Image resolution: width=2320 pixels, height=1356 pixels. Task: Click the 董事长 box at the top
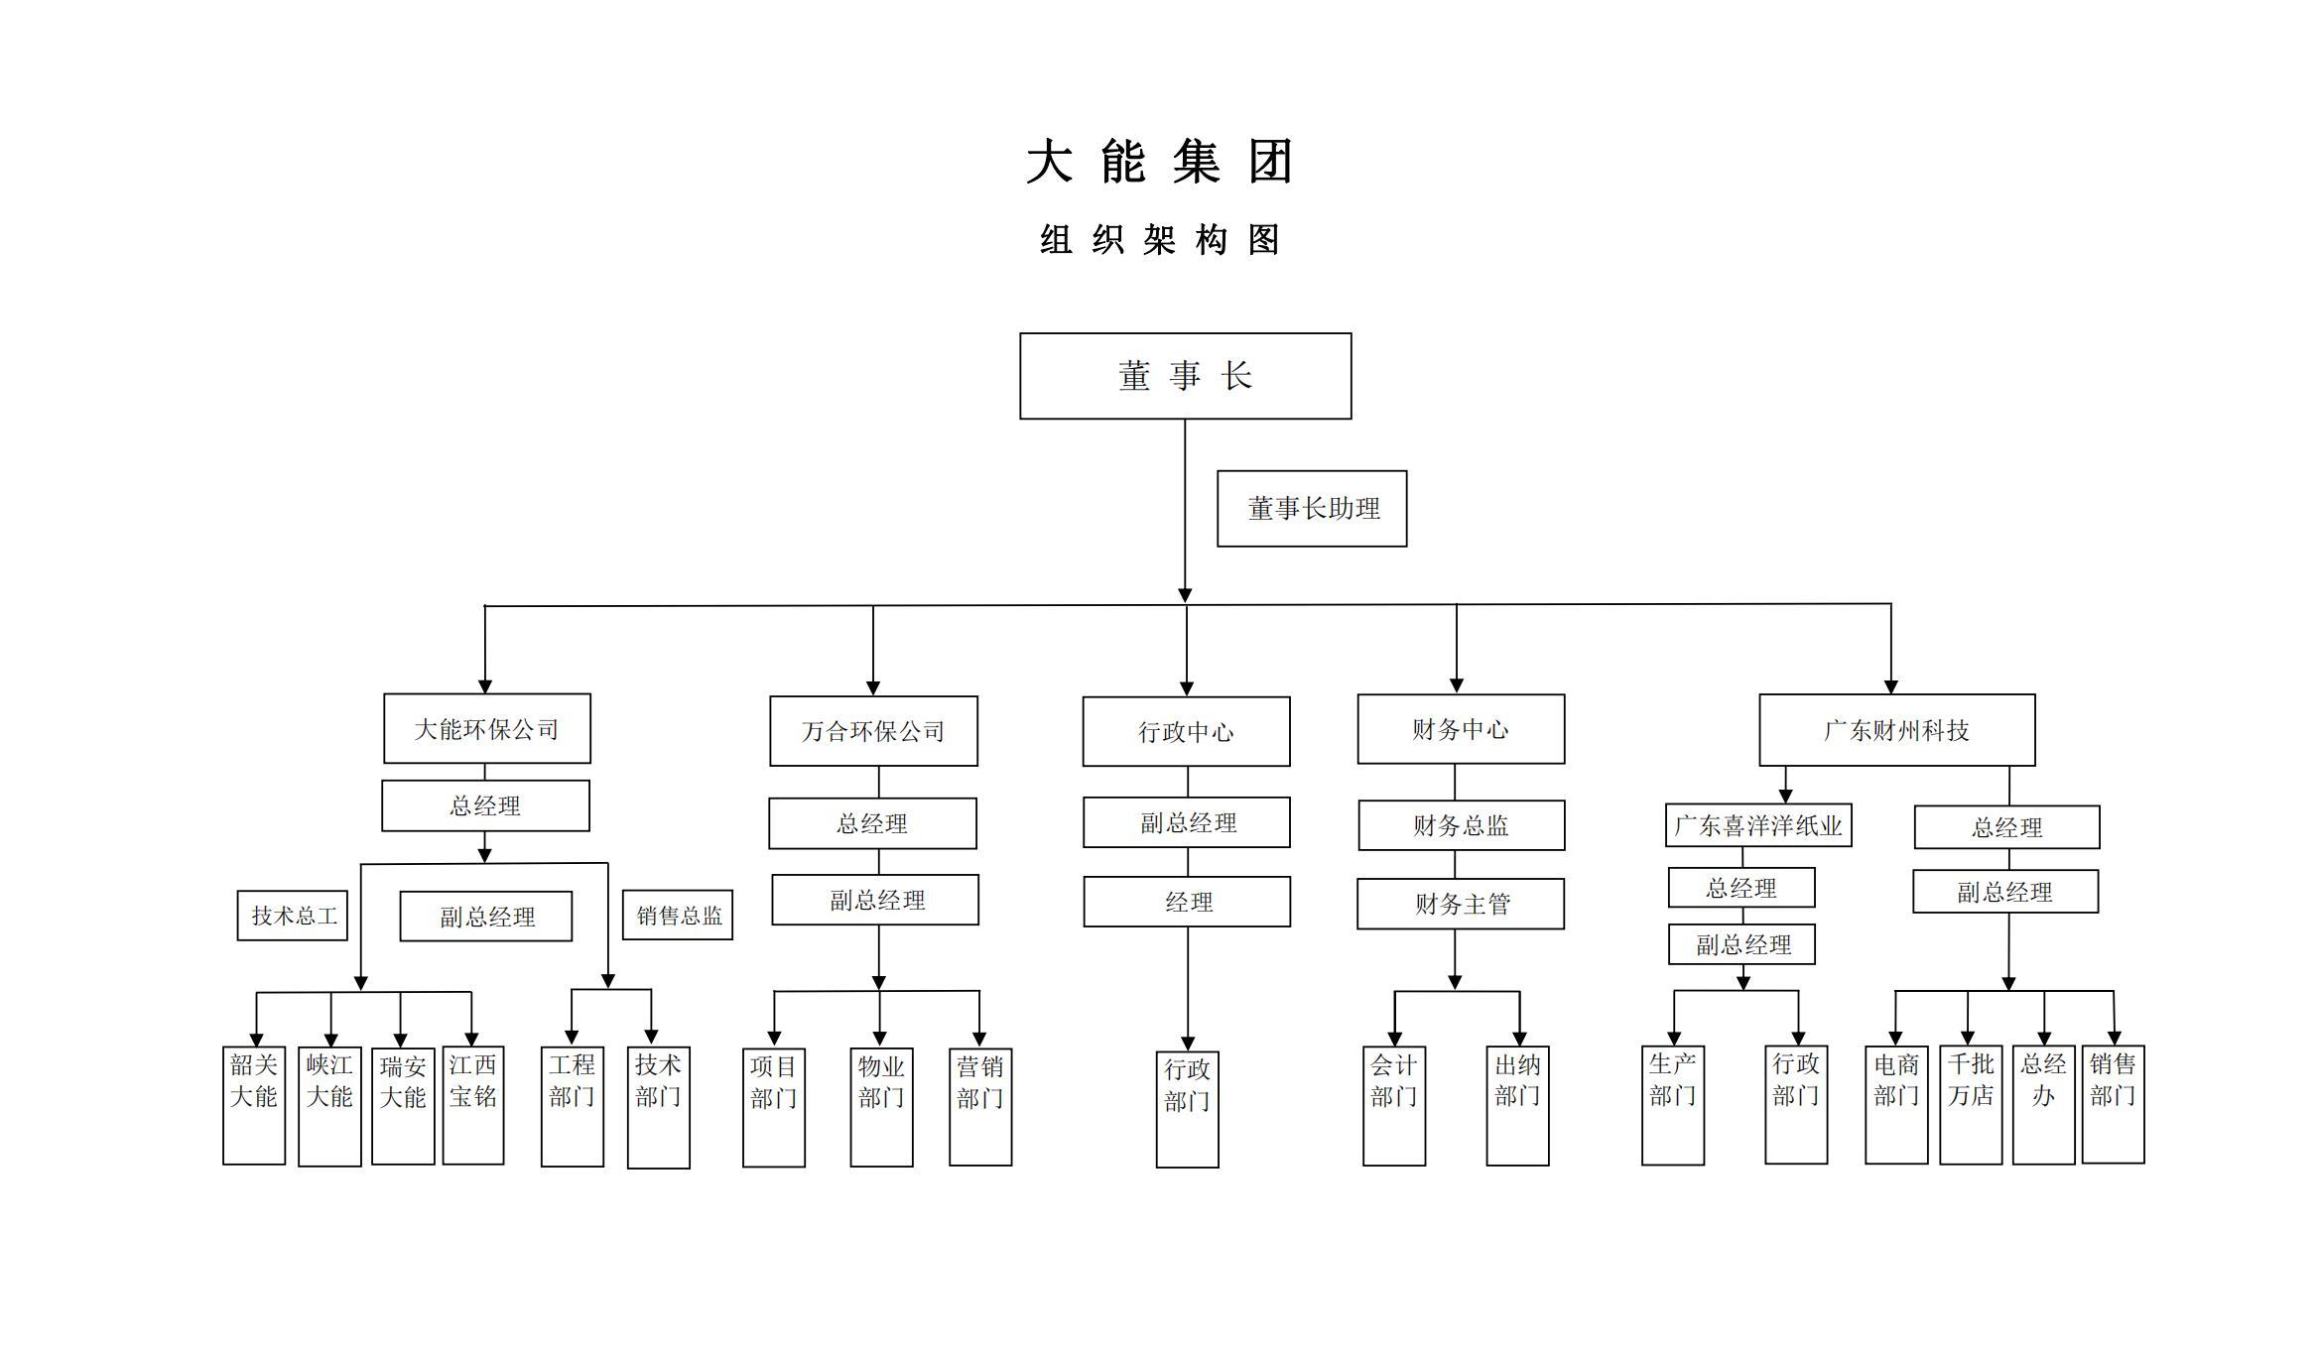(1185, 376)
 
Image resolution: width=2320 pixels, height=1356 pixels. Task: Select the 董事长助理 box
(1312, 509)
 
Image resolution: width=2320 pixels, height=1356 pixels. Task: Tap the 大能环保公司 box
(486, 729)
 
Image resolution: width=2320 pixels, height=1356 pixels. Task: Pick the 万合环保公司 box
(873, 732)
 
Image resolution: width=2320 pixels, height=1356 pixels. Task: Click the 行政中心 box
(1186, 732)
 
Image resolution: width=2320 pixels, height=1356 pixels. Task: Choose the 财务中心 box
(1461, 730)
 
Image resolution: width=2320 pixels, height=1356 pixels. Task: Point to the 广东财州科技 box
(1896, 731)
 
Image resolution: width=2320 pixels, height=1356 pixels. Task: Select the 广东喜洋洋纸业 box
(1758, 825)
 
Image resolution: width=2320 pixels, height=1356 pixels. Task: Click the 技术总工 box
(293, 916)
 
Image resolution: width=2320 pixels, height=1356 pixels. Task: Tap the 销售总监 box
(678, 916)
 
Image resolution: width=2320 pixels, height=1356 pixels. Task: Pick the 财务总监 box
(1461, 825)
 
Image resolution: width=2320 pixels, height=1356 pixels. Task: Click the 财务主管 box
(1461, 904)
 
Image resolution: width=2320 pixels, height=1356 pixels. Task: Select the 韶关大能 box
(254, 1105)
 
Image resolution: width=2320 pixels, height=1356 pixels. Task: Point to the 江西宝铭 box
(473, 1105)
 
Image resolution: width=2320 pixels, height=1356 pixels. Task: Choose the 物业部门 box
(881, 1107)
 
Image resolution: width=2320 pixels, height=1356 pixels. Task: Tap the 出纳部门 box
(1517, 1105)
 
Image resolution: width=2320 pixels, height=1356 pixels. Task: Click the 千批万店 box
(1970, 1104)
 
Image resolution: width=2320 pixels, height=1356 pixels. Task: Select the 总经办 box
(2043, 1104)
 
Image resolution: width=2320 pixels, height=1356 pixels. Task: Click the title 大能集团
(1159, 162)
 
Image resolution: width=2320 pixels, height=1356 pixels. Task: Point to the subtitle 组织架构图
(1159, 240)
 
